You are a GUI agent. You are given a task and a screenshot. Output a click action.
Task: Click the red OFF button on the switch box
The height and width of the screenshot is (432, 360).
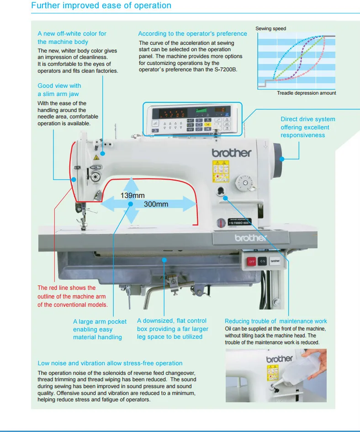tap(251, 261)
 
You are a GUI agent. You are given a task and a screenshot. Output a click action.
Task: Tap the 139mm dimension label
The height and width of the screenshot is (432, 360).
tap(132, 196)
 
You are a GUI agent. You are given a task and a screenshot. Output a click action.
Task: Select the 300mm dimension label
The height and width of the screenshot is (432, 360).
tap(156, 204)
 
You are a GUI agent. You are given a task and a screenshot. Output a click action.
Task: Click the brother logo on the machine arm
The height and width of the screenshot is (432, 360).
tap(231, 153)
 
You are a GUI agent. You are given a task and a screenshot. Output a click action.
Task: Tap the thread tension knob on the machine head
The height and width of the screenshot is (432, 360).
tap(95, 177)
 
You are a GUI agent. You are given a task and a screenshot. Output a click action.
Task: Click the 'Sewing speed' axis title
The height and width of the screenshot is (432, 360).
tap(270, 29)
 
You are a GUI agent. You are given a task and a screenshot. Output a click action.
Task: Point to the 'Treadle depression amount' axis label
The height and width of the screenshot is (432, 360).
tap(306, 93)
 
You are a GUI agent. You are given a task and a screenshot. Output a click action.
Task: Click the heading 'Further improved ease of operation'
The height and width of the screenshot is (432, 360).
tap(101, 6)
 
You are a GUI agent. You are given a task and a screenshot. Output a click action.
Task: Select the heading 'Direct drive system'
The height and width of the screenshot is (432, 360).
tap(307, 119)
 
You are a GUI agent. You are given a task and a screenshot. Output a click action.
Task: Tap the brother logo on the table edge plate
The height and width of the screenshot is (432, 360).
tap(249, 238)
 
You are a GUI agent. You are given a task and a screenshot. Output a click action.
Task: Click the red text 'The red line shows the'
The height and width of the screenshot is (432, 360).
tap(67, 288)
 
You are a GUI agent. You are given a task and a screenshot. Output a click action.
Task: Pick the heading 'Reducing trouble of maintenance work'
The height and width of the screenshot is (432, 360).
tap(276, 321)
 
